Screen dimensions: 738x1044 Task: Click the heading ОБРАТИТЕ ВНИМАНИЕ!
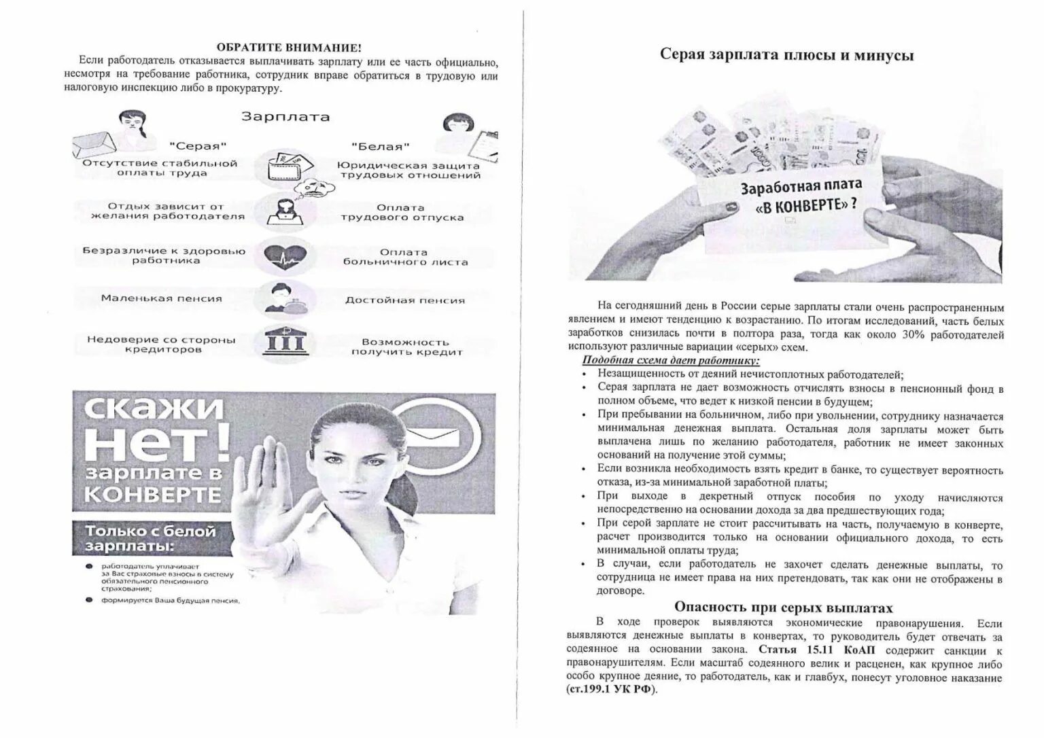coord(290,47)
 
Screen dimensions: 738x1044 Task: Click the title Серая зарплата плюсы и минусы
coord(786,55)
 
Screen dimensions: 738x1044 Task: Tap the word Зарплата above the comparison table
coord(285,117)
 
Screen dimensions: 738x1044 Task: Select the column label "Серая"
coord(198,146)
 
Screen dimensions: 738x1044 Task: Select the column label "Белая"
coord(381,146)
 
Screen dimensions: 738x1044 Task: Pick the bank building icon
coord(286,341)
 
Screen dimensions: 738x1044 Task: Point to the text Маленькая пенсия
coord(161,298)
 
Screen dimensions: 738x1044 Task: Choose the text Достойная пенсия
coord(405,300)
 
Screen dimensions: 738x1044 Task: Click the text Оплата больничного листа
coord(405,257)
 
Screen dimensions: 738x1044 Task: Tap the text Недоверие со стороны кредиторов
coord(161,345)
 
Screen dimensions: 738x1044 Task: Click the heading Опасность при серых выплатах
coord(783,608)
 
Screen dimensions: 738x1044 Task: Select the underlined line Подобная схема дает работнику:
coord(671,361)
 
